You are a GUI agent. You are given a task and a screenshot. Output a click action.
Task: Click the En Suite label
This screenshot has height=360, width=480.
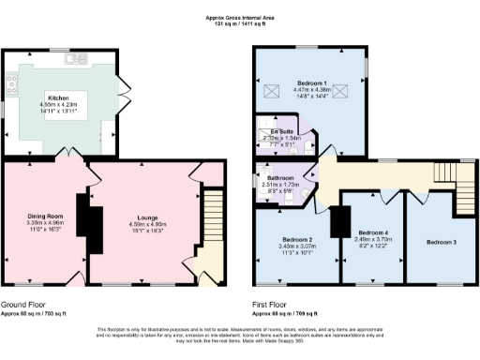(x=280, y=131)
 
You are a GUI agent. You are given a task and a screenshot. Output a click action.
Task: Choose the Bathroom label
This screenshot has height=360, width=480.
(x=280, y=178)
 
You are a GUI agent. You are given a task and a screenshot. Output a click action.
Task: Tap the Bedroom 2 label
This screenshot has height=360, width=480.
(x=297, y=239)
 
